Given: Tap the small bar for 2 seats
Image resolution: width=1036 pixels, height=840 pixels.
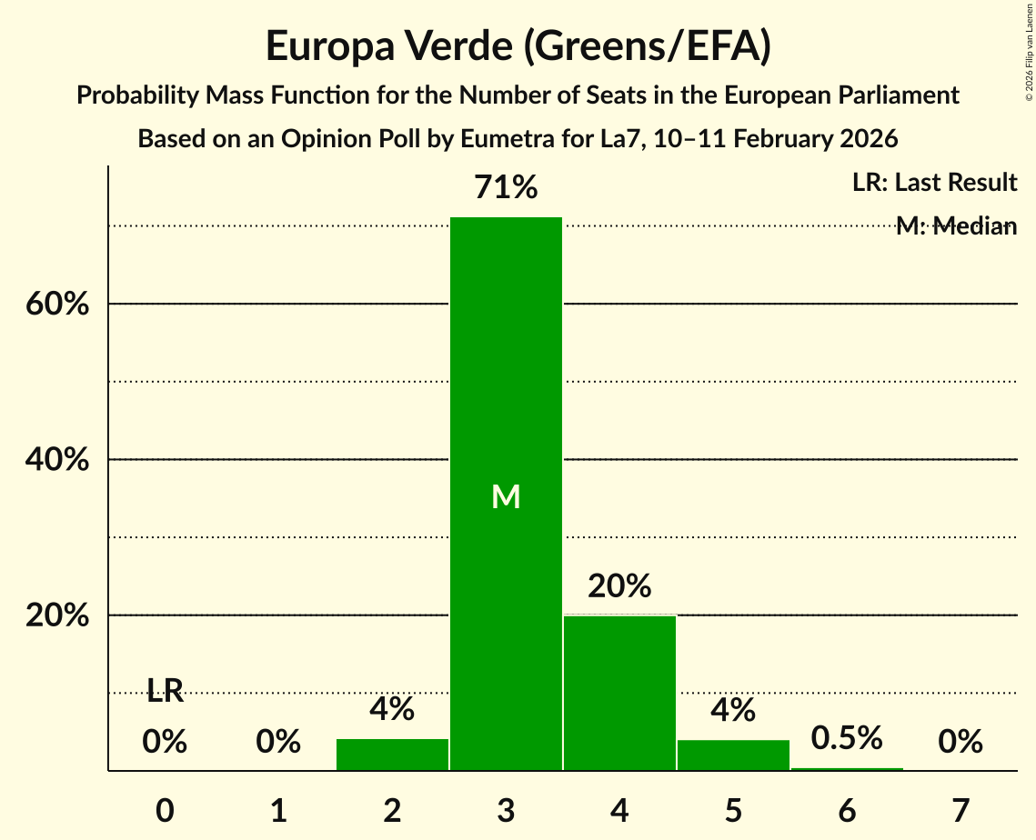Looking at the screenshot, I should pos(392,755).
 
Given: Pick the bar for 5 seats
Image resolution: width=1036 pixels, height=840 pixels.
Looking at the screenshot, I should pos(733,755).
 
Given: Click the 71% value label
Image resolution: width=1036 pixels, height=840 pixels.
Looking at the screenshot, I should pos(506,188).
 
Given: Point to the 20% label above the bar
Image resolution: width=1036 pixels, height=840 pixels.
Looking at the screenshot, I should pos(619,586).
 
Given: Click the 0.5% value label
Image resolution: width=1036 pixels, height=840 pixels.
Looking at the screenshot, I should pos(847,738).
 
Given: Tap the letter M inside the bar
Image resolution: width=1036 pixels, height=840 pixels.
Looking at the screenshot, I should pos(506,496).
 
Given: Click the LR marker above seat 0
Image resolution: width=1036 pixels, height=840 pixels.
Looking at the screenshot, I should pos(165,692).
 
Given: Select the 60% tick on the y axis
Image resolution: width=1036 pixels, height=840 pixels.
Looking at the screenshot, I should pos(56,304).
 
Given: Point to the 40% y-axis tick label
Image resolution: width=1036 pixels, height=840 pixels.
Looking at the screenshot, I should pos(56,460).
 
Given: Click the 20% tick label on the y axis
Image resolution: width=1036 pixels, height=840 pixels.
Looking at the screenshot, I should pos(56,615).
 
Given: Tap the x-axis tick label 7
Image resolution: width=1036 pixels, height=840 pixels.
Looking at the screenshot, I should pos(961,810).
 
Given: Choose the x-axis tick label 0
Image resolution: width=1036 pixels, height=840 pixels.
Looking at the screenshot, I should pos(165,810).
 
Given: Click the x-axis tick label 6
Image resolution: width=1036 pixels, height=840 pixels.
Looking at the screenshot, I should pos(847,810).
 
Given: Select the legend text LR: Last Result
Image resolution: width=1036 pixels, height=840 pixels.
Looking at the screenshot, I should pos(934,183).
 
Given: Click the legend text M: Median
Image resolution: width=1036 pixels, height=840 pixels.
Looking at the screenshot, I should pos(956,226).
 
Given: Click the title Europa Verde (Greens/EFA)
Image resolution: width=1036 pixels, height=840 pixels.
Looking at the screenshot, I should pos(518,46).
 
